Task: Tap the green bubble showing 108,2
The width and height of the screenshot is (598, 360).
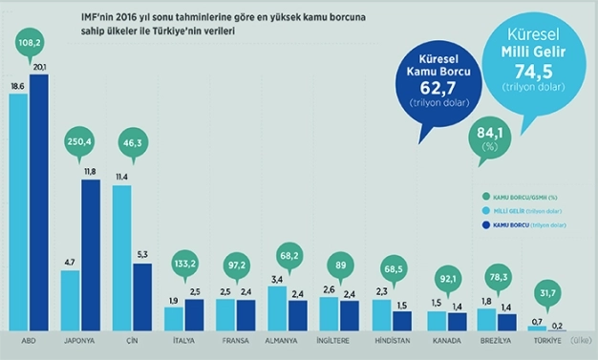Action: point(29,43)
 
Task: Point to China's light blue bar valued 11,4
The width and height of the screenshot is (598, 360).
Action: point(121,258)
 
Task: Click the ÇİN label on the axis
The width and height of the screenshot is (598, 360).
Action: point(131,341)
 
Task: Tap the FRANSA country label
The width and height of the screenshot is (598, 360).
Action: point(235,341)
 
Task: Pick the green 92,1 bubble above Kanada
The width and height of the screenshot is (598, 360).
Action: point(442,281)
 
